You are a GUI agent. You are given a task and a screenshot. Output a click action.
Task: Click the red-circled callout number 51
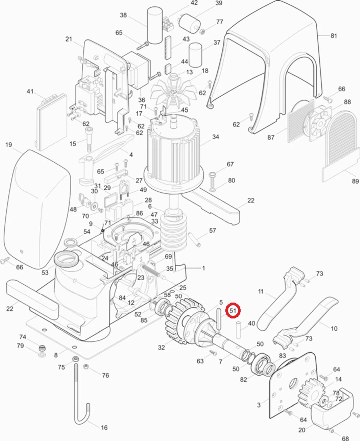[x=233, y=311]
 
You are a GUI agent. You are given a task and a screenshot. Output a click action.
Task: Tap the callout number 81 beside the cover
[x=334, y=35]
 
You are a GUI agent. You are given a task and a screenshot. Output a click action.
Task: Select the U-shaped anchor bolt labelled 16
[x=80, y=394]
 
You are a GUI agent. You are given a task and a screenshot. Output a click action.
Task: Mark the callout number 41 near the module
[x=30, y=91]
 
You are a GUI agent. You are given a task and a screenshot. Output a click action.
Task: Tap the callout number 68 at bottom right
[x=345, y=438]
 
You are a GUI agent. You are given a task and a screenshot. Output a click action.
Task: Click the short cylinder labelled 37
[x=195, y=55]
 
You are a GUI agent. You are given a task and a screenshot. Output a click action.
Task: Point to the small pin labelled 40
[x=238, y=330]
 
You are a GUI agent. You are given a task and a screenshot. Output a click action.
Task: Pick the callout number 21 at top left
[x=68, y=39]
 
